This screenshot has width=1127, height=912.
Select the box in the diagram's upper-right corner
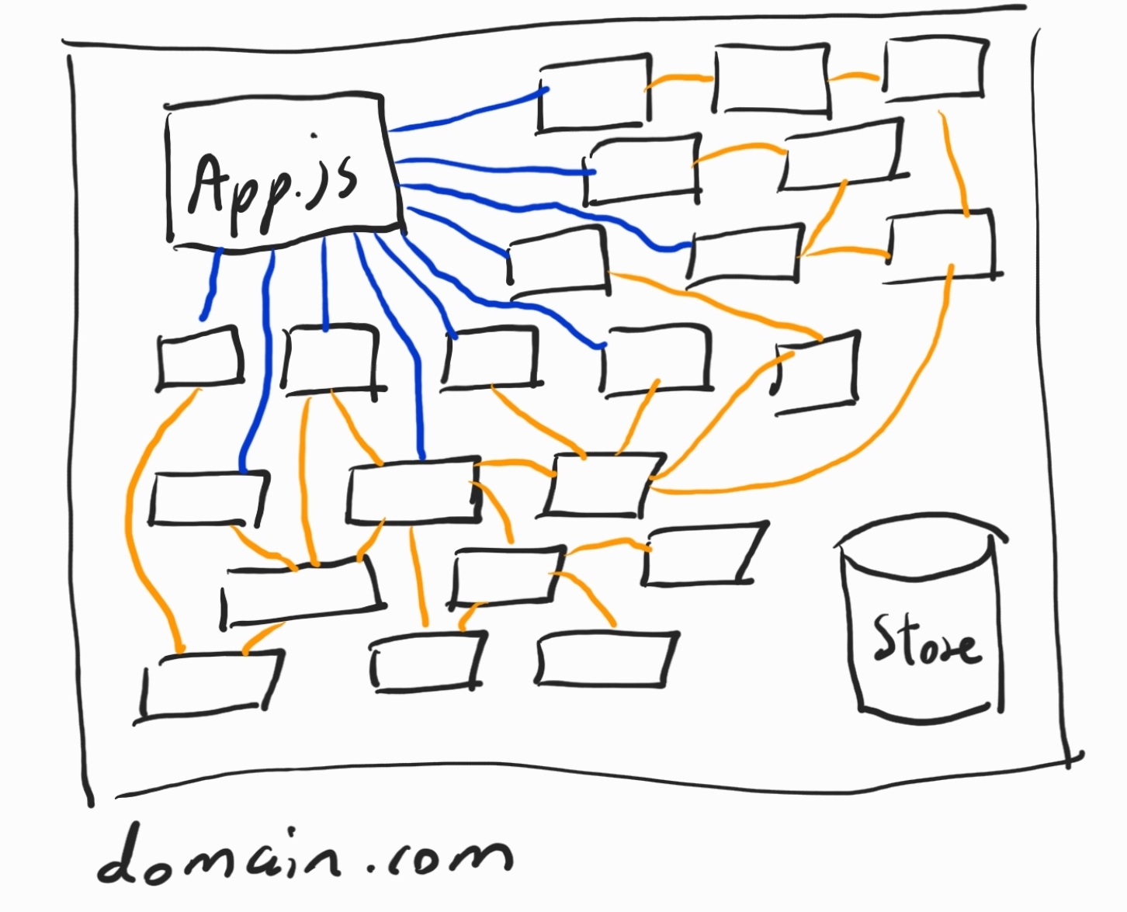[935, 70]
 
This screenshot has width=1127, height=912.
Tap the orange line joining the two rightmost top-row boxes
[854, 77]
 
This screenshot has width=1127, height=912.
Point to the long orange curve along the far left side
[132, 528]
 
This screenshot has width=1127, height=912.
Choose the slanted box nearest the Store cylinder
[702, 555]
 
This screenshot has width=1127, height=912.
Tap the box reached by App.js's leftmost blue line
[200, 357]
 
